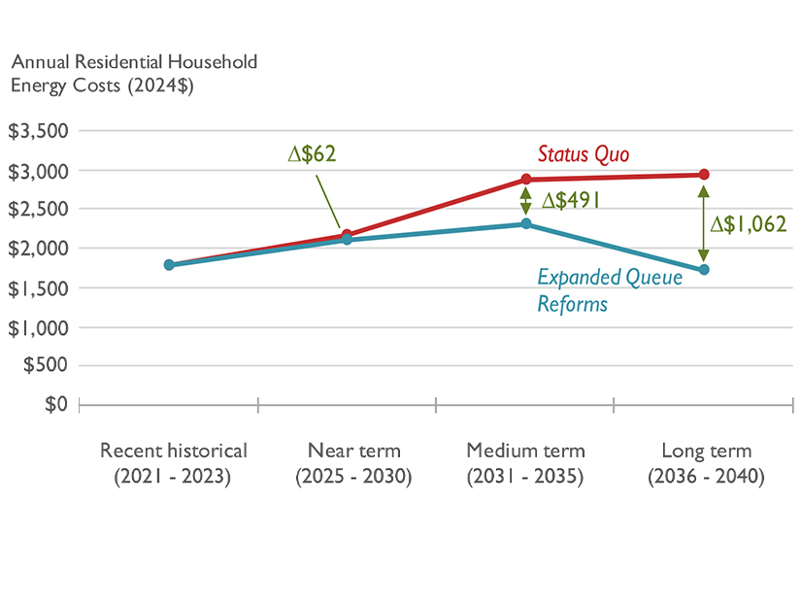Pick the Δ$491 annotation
pyautogui.click(x=571, y=201)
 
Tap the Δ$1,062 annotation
pyautogui.click(x=748, y=224)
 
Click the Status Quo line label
pyautogui.click(x=584, y=154)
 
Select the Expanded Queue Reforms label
pyautogui.click(x=610, y=290)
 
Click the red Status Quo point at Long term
pyautogui.click(x=704, y=175)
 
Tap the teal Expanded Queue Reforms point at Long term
pyautogui.click(x=704, y=270)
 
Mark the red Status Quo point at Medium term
pyautogui.click(x=526, y=179)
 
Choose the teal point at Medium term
pyautogui.click(x=526, y=224)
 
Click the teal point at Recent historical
pyautogui.click(x=169, y=264)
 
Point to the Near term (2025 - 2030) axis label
pyautogui.click(x=353, y=464)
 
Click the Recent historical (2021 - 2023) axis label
pyautogui.click(x=174, y=464)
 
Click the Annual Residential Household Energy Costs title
pyautogui.click(x=134, y=73)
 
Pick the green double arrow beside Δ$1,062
pyautogui.click(x=704, y=222)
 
